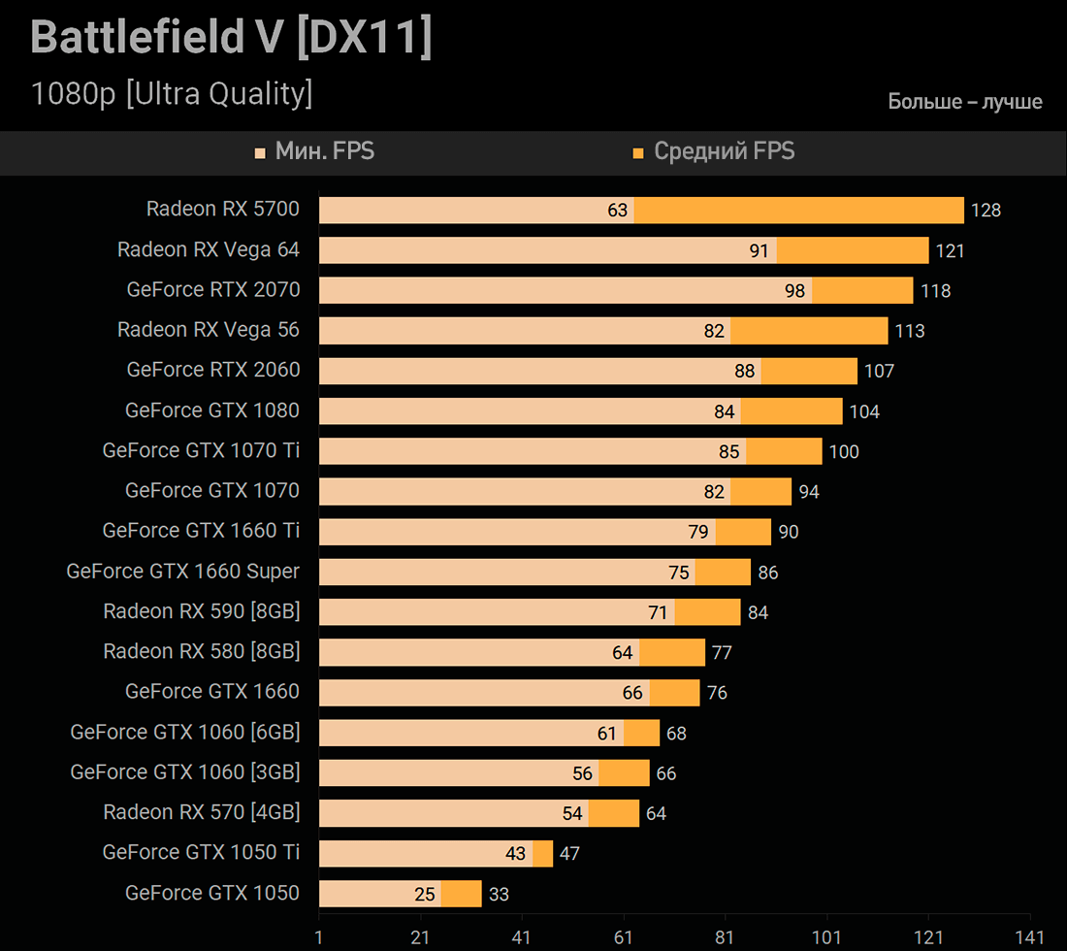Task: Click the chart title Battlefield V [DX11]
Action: click(231, 38)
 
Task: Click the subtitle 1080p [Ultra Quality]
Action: click(172, 94)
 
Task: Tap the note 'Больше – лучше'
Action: click(965, 102)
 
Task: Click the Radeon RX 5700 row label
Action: click(223, 209)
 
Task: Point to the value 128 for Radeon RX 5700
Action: click(986, 211)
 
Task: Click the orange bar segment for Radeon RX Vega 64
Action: click(853, 250)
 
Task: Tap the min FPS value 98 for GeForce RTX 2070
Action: click(795, 291)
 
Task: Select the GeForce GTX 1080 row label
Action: click(212, 410)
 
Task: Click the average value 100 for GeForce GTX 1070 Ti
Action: click(844, 452)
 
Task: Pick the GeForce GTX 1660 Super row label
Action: click(183, 572)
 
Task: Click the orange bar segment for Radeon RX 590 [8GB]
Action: click(707, 612)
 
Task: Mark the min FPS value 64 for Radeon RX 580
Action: click(623, 653)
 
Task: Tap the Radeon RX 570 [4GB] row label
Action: click(202, 812)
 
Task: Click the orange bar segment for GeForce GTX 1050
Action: click(461, 894)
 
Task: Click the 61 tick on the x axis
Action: click(624, 938)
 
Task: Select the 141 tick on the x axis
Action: click(1030, 938)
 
